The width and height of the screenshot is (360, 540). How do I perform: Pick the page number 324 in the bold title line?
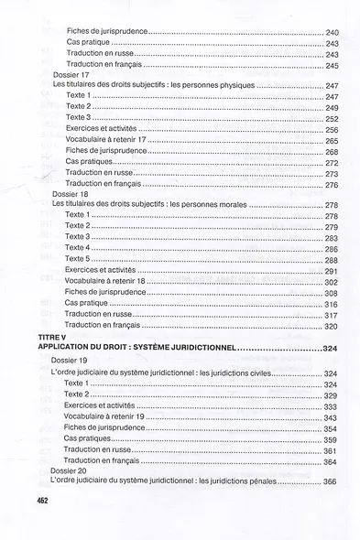[331, 349]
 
